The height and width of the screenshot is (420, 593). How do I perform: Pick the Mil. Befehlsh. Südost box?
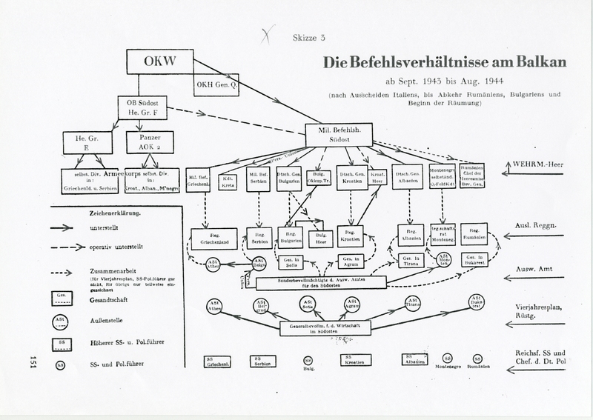point(338,134)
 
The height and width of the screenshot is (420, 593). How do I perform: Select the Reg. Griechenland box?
point(213,238)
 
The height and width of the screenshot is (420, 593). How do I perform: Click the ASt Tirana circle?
point(413,303)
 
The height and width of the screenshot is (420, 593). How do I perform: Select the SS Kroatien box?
point(357,359)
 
